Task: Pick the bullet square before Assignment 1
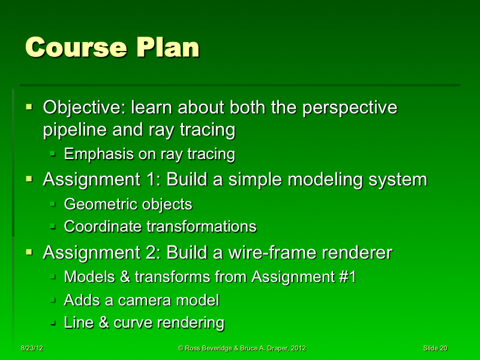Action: coord(29,179)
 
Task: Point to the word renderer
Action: coord(357,253)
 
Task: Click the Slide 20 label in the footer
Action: coord(435,349)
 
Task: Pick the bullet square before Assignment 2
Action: coord(29,252)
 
